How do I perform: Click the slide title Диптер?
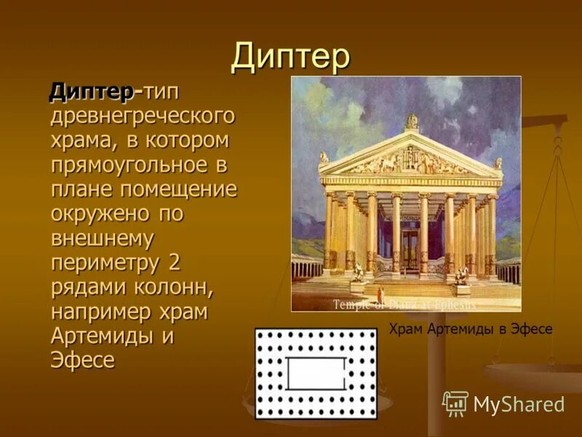290,58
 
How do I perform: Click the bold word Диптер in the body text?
91,92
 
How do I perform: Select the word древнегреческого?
143,116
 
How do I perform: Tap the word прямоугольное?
129,165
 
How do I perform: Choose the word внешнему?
102,238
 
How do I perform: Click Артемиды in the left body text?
105,336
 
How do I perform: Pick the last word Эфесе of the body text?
82,361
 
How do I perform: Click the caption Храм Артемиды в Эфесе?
471,329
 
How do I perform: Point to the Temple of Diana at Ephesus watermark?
404,304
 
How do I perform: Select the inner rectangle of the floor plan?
316,374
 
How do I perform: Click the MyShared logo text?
519,403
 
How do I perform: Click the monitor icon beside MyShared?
455,403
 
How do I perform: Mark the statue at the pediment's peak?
412,121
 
